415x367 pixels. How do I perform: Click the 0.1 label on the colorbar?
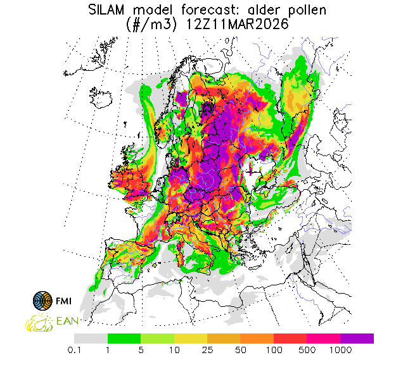[x=75, y=349]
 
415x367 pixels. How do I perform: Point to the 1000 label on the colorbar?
[x=341, y=349]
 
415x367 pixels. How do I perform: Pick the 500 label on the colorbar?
[x=307, y=349]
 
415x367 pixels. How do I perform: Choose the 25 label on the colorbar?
[x=208, y=349]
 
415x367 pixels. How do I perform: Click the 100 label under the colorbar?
[x=274, y=349]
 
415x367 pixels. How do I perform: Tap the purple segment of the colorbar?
[x=357, y=339]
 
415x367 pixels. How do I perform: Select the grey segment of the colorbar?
[x=91, y=339]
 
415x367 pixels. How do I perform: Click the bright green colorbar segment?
[x=124, y=339]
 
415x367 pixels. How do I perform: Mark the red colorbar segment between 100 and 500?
[x=290, y=339]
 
